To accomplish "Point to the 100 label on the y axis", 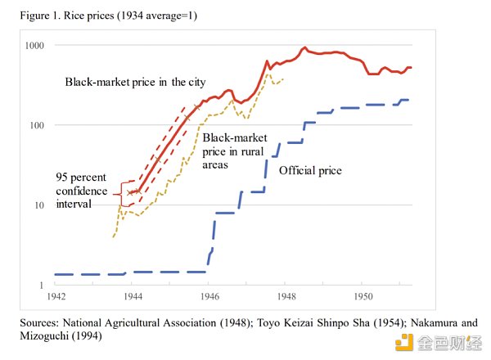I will [37, 125].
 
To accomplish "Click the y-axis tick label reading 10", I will [39, 205].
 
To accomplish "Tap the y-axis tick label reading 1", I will [42, 284].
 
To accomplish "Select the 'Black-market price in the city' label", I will [135, 82].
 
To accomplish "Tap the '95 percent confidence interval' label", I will [80, 191].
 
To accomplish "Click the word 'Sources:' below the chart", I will [41, 322].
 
